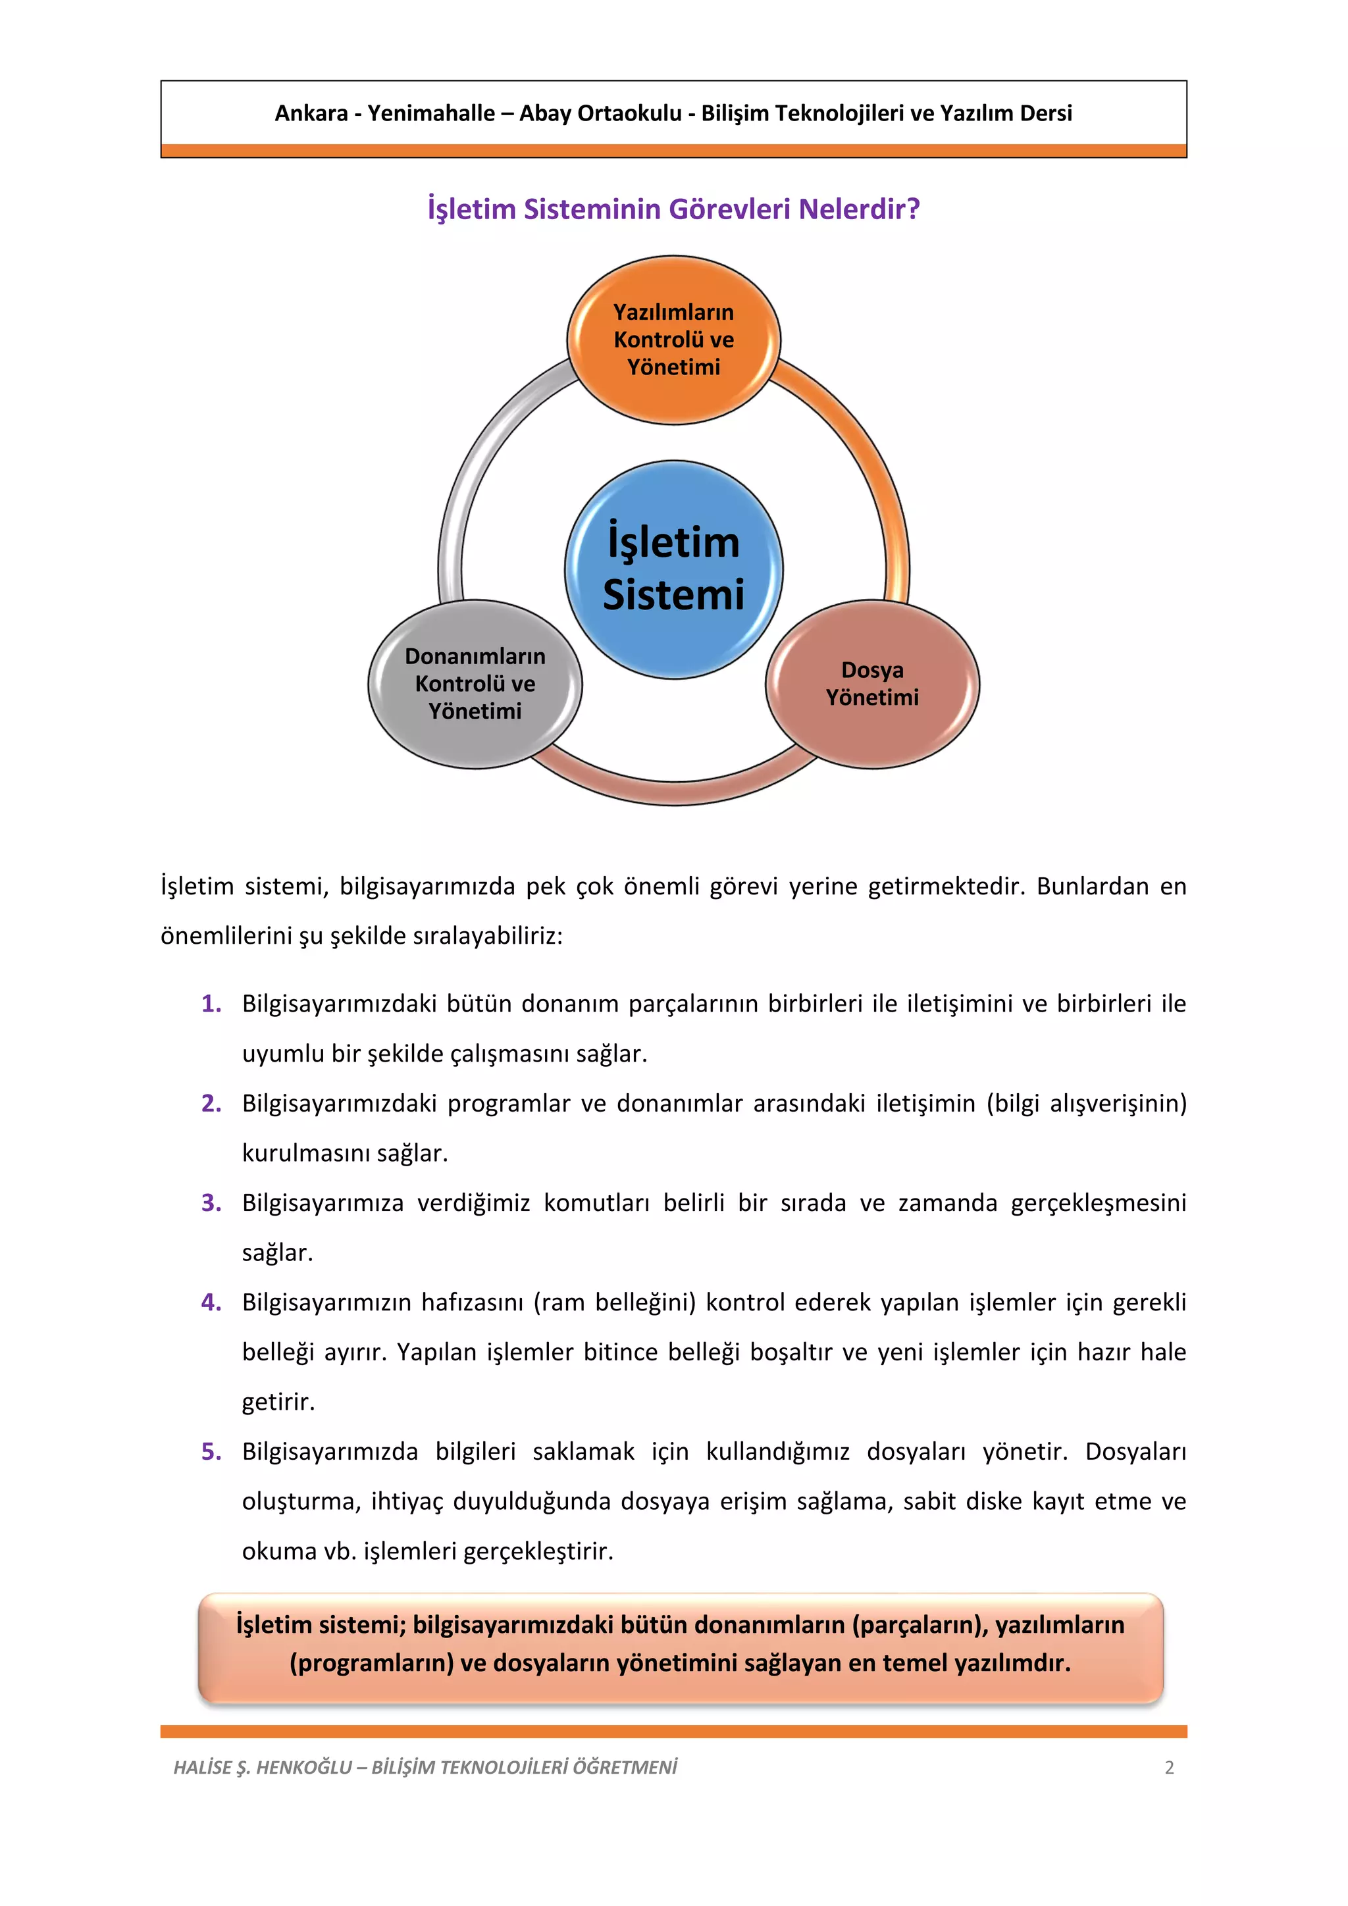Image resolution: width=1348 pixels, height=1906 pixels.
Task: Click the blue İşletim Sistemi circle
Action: point(673,569)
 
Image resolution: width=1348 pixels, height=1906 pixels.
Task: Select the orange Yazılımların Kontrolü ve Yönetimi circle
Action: point(673,340)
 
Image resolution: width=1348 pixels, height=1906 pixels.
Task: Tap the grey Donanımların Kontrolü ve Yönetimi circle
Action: point(475,683)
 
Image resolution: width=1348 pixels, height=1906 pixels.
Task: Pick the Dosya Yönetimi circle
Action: point(871,683)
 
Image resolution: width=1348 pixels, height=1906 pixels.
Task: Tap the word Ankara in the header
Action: point(311,113)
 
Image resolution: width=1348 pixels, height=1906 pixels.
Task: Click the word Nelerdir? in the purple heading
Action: point(859,209)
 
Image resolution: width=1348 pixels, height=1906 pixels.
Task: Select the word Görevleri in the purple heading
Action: point(731,209)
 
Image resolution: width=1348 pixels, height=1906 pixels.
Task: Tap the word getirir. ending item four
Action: point(278,1402)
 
